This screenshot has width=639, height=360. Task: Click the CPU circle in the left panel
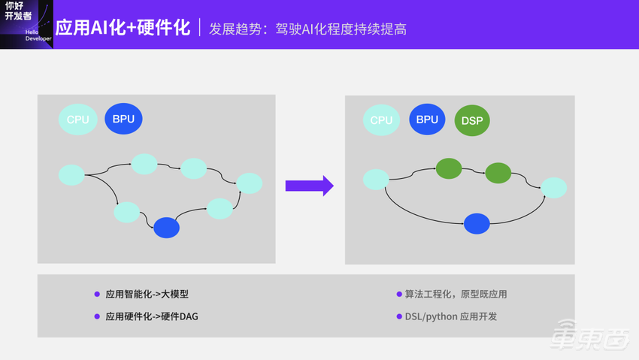[78, 119]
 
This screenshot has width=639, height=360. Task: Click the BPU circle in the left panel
[124, 119]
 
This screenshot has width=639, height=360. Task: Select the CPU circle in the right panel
[382, 119]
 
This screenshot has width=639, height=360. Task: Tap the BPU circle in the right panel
[427, 119]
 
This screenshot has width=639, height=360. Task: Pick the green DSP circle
[472, 120]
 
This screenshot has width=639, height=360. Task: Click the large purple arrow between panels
[309, 186]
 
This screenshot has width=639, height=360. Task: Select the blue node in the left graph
[166, 228]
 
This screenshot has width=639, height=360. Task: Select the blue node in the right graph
[477, 223]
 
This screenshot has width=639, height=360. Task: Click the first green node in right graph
[449, 168]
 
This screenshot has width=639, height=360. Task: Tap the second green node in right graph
[498, 174]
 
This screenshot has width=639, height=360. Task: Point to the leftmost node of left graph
[71, 175]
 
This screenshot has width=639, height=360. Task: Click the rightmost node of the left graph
[250, 183]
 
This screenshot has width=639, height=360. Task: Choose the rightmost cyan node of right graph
[553, 188]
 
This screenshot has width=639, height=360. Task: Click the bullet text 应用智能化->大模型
[147, 294]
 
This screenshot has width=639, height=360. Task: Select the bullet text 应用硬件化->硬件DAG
[152, 316]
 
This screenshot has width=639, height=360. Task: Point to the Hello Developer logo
[26, 24]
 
